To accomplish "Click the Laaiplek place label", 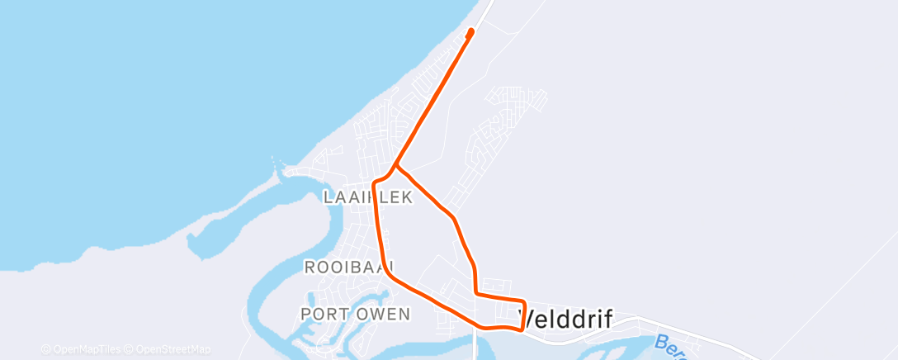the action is tap(367, 197).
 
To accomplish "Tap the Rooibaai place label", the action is tap(349, 267).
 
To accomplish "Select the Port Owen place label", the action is tap(355, 314).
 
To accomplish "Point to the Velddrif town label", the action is tap(565, 319).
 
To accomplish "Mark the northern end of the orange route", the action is tap(471, 31).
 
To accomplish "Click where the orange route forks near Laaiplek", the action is tap(395, 165).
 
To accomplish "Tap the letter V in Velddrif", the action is tap(525, 319).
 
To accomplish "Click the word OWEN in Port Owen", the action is tap(383, 314).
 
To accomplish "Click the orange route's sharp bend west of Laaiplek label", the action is tap(376, 182).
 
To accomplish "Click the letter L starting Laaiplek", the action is tap(328, 197).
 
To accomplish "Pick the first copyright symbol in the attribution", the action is tap(45, 349).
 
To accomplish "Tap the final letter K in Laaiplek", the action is tap(407, 197).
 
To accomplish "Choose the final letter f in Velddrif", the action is tap(607, 319).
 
